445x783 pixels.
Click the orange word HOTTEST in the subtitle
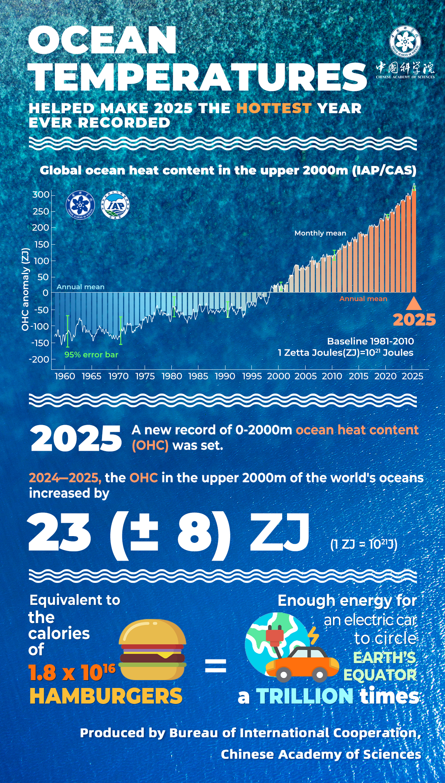click(273, 108)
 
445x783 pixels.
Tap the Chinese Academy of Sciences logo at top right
click(405, 42)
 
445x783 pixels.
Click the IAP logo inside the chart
click(116, 205)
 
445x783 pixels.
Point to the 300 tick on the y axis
click(41, 195)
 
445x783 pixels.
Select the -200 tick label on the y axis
click(39, 359)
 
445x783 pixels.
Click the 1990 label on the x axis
click(225, 376)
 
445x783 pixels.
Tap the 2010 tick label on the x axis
click(332, 376)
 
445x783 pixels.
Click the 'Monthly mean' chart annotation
click(320, 233)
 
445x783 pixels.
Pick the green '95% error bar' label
click(91, 355)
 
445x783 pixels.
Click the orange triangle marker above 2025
click(414, 303)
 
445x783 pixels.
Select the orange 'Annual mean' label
click(363, 299)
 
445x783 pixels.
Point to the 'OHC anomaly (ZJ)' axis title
click(25, 289)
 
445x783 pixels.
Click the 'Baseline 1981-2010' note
click(370, 341)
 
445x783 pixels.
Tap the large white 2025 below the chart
click(76, 439)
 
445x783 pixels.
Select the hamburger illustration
click(152, 650)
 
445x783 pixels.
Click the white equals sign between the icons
click(215, 665)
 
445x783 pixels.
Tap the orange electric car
click(302, 665)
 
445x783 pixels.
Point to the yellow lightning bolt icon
click(313, 636)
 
